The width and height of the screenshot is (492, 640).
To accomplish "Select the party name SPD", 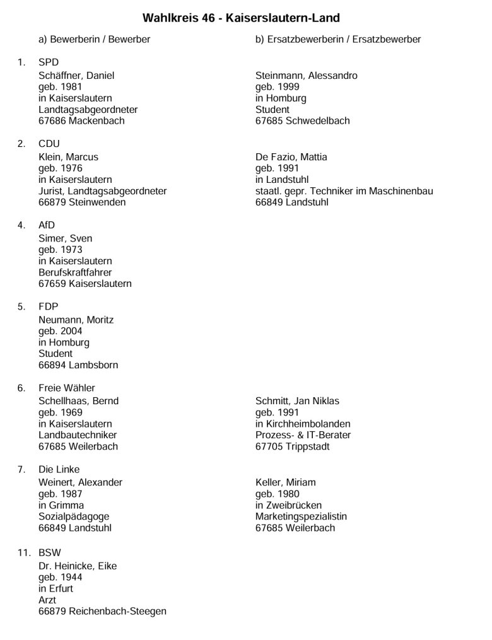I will (49, 62).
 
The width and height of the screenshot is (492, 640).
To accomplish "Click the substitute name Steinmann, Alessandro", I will (306, 76).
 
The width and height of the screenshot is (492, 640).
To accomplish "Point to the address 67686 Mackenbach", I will (81, 120).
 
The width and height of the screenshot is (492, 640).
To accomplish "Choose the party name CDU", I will (49, 144).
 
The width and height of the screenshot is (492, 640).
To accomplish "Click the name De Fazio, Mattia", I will (291, 157).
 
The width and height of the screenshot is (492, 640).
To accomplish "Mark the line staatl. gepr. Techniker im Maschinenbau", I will (344, 191).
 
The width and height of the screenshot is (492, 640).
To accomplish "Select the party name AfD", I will (48, 225).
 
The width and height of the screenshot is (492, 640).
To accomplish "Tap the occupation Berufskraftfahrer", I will (75, 272).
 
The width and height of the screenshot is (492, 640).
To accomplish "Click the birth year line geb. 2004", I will (60, 331).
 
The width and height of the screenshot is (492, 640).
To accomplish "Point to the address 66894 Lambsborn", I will (78, 365).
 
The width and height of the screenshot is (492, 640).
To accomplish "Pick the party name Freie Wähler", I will (67, 388).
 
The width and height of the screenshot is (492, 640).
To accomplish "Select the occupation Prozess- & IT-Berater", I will (303, 435).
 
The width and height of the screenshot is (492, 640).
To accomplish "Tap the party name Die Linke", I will (59, 469).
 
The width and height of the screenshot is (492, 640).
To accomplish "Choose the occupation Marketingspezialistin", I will (301, 516).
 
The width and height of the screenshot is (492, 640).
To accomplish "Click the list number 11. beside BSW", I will (24, 552).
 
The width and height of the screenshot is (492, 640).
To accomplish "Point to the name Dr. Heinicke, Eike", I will (78, 566).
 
